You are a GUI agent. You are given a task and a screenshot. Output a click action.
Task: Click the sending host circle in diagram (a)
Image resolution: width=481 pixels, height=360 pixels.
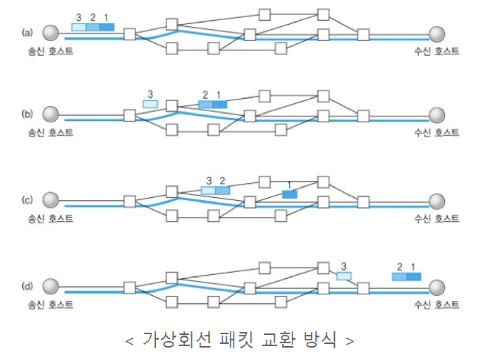(x=50, y=33)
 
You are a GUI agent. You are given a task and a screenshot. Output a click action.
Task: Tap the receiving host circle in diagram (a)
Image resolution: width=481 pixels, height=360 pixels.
(x=436, y=34)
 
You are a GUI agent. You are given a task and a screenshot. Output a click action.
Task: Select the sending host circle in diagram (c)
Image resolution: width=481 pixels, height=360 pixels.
(x=50, y=200)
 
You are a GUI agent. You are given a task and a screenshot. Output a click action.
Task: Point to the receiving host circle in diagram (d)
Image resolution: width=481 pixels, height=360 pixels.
(x=436, y=287)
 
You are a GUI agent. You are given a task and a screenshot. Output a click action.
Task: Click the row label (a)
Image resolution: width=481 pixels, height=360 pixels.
(x=27, y=33)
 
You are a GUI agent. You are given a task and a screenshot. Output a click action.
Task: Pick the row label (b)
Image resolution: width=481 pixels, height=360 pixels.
(x=27, y=114)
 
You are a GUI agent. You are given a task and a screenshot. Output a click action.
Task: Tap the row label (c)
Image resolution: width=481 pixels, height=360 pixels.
(x=27, y=200)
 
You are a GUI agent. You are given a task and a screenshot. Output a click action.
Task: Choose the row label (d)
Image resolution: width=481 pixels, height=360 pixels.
(x=27, y=286)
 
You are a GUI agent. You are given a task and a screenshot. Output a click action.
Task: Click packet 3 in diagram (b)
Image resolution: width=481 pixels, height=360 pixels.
(x=150, y=104)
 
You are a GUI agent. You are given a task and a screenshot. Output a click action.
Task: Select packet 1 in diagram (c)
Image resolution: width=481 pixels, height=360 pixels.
(x=290, y=194)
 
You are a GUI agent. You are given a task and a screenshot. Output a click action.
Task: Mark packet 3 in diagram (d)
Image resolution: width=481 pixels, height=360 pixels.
(x=344, y=276)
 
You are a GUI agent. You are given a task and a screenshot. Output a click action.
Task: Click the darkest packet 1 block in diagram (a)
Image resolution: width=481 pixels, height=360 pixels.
(x=107, y=27)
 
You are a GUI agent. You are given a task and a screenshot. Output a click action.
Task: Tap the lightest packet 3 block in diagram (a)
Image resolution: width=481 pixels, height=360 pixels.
(x=78, y=27)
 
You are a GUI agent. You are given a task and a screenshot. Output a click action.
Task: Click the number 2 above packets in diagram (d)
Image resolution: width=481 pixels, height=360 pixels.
(x=400, y=267)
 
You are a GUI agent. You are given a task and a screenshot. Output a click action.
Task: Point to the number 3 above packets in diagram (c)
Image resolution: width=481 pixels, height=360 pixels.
(x=209, y=181)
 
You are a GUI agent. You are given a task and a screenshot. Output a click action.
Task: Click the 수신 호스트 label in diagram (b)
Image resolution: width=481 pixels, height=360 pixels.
(x=436, y=132)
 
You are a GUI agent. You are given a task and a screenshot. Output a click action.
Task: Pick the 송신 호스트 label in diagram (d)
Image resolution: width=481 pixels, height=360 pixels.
(x=50, y=304)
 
